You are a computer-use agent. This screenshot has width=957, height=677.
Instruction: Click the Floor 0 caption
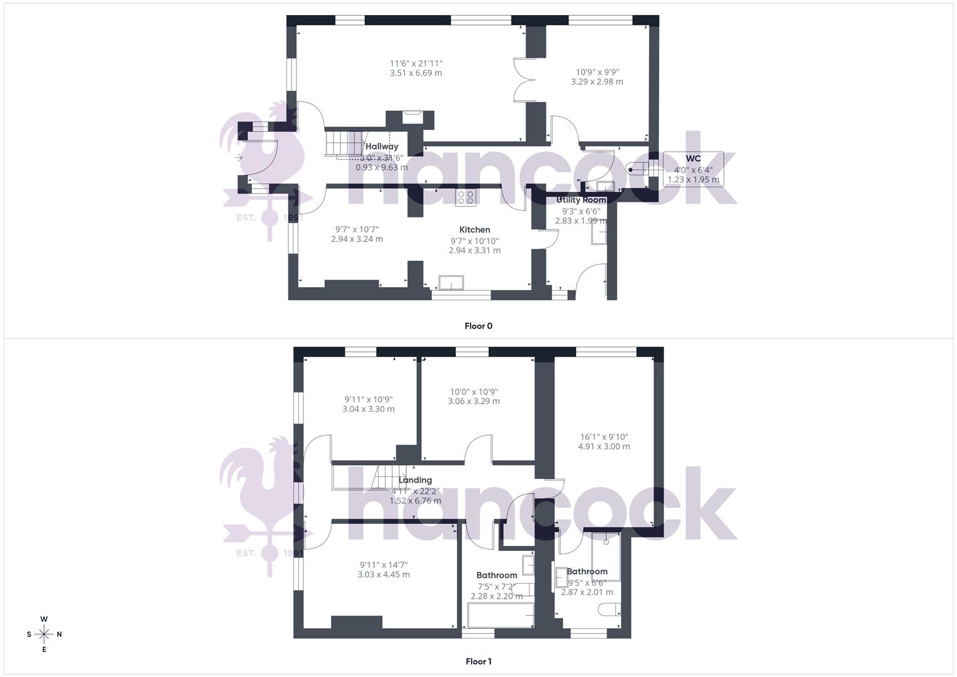tap(478, 326)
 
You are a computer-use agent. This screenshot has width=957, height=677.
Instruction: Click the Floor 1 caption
tap(478, 661)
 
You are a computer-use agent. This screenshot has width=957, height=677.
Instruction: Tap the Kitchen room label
tap(474, 230)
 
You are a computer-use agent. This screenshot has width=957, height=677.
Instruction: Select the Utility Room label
tap(581, 200)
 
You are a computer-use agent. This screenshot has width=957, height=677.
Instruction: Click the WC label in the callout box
tap(693, 159)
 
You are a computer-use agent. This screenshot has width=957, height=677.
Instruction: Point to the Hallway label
tap(382, 147)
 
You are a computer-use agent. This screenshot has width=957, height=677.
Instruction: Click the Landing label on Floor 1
tap(415, 480)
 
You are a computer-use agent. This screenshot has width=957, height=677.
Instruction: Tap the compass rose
tap(44, 634)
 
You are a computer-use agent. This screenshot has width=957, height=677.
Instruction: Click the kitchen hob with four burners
tap(466, 197)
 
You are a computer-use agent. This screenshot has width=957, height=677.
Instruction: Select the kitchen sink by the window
tap(451, 283)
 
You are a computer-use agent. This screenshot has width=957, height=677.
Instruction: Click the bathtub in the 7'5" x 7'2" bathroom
tap(500, 616)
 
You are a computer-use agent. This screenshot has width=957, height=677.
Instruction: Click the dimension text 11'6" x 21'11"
tap(416, 63)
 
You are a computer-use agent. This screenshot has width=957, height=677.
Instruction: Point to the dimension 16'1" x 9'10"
tap(604, 437)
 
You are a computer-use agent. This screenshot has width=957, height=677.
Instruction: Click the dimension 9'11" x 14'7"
tap(384, 565)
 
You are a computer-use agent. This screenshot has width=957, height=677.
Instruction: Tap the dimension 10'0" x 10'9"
tap(474, 392)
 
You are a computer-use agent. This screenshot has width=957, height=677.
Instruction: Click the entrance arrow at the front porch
tap(239, 158)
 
